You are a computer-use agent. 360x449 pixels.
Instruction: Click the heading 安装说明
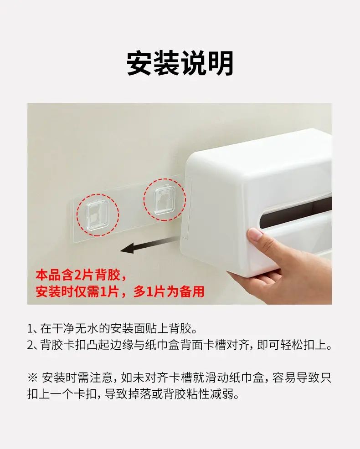tap(180, 63)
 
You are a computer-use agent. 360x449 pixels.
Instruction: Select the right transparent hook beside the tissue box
tap(165, 199)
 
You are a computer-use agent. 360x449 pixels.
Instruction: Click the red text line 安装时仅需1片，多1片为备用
tap(120, 292)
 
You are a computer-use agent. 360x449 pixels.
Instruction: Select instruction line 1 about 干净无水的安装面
tap(113, 329)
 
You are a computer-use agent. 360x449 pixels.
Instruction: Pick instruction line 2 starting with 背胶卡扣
tap(180, 345)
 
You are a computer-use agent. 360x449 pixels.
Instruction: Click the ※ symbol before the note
tap(32, 378)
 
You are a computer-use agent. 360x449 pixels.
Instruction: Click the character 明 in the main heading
tap(221, 63)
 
